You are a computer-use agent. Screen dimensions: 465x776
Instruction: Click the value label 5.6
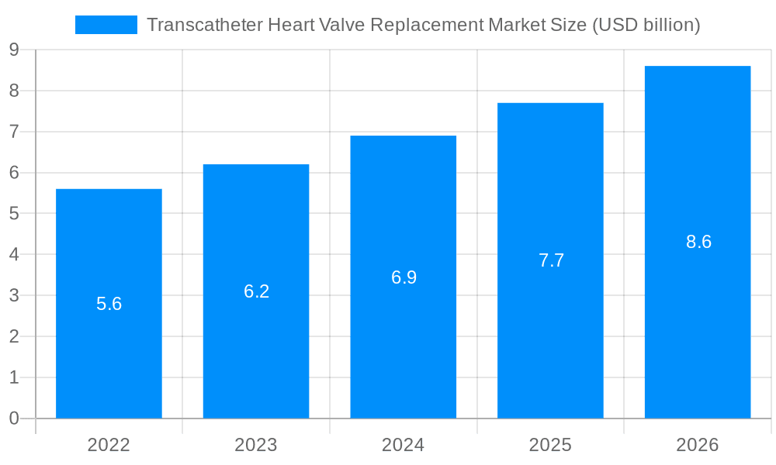109,304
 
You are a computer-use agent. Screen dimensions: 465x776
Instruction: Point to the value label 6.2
256,291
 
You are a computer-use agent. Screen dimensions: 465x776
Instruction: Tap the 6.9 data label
404,277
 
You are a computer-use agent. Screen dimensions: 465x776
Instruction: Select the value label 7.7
551,260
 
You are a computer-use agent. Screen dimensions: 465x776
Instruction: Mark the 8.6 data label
698,242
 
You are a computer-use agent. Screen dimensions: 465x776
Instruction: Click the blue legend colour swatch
106,25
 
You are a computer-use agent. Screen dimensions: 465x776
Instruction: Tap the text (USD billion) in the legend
646,25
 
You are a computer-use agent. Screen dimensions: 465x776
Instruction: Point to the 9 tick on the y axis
14,50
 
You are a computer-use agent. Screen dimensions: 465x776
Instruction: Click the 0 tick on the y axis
14,418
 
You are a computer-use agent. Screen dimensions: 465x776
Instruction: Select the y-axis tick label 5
14,214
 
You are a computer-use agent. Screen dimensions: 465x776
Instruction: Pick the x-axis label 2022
109,445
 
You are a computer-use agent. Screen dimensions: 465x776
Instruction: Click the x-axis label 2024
404,445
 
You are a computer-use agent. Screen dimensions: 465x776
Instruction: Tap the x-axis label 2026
698,445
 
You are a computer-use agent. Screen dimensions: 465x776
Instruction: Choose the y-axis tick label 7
14,132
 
